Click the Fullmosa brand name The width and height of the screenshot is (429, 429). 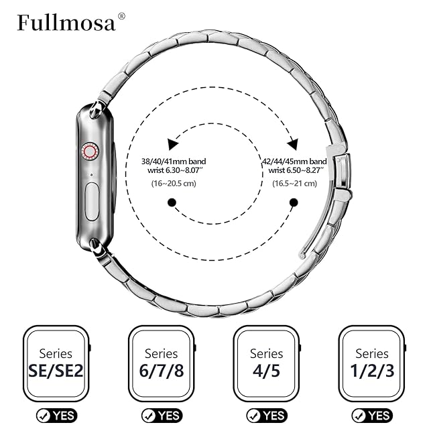tap(66, 23)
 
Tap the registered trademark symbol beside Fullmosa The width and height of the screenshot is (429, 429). tap(121, 16)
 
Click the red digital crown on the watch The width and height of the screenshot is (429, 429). tap(89, 151)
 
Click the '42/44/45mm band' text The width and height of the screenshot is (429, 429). tap(294, 162)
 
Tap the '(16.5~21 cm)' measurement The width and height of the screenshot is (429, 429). tap(294, 183)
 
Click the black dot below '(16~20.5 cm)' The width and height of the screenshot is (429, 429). tap(172, 202)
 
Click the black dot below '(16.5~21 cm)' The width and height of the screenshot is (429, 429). tap(294, 202)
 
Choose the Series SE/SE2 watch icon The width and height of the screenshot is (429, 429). tap(56, 362)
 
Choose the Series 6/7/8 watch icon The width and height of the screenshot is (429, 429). tap(162, 362)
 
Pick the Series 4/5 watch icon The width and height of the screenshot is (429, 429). tap(267, 362)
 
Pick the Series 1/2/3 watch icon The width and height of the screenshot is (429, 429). tap(373, 362)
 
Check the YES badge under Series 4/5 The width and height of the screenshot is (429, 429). tap(267, 416)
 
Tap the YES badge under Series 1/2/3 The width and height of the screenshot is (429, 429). tap(372, 416)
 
